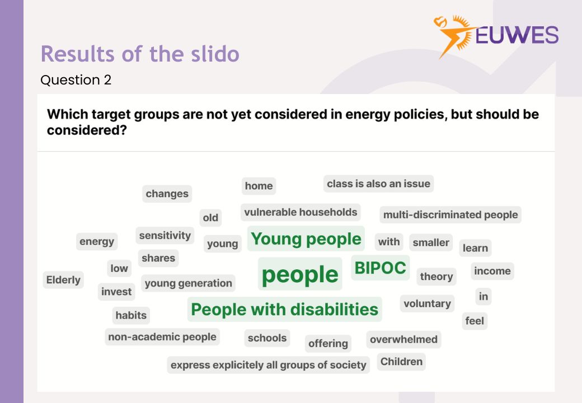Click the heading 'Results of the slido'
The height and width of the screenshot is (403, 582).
point(140,54)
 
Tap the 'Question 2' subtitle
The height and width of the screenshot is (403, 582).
point(76,80)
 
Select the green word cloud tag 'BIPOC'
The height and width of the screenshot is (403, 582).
point(381,268)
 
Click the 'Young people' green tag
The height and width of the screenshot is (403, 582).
point(306,239)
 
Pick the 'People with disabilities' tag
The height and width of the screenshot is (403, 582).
point(284,310)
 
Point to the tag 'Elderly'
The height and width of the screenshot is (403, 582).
point(63,280)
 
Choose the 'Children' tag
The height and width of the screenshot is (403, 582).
point(401,362)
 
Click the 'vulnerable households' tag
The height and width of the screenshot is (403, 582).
point(301,212)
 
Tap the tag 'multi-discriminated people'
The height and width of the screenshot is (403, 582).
point(450,215)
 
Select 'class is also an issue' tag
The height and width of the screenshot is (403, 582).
point(378,184)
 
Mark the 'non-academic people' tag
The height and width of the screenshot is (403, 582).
point(162,337)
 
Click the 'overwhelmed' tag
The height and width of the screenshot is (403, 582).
point(403,339)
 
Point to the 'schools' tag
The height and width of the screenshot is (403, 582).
point(267,338)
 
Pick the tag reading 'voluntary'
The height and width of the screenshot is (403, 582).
point(427,303)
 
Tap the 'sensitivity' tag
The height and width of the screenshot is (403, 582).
point(165,236)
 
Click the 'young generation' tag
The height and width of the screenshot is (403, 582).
point(188,283)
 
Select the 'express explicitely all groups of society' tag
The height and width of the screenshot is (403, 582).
point(268,365)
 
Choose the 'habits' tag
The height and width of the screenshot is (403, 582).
point(131,316)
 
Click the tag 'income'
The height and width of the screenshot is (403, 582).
point(492,271)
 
